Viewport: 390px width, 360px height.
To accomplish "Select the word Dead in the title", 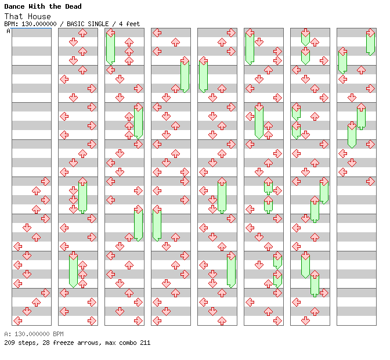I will (73, 6).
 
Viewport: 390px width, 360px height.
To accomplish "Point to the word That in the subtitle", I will (12, 16).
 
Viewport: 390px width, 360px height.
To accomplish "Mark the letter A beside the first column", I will (9, 31).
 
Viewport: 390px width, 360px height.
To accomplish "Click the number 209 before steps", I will (9, 343).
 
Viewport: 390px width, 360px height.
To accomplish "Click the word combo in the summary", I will (128, 343).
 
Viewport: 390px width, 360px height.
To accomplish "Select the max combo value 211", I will (145, 343).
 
